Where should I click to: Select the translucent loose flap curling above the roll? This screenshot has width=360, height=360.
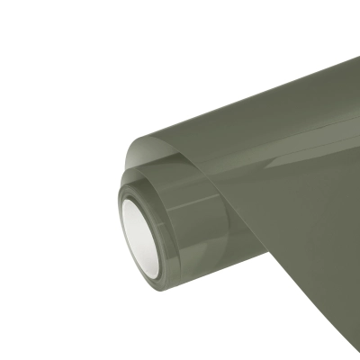point(162,148)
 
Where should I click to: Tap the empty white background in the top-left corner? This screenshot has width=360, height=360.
point(36,36)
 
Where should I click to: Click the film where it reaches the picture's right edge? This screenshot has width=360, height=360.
point(356,180)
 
